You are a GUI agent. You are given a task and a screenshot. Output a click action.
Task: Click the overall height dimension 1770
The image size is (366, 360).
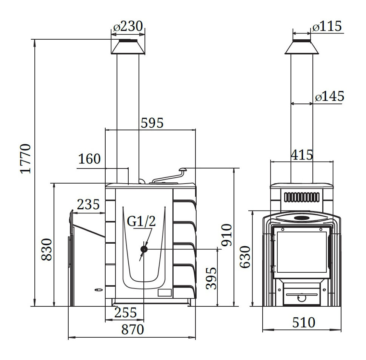tap(26, 159)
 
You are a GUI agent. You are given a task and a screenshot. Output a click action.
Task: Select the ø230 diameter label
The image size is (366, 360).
tap(128, 26)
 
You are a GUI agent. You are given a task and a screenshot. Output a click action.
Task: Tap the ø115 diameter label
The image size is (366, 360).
tap(327, 26)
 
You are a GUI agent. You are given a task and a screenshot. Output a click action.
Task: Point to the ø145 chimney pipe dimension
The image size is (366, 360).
tap(329, 96)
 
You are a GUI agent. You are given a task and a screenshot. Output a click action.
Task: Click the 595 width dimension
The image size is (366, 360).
tap(152, 123)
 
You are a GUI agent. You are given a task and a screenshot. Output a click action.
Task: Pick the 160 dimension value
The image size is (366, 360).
tap(89, 159)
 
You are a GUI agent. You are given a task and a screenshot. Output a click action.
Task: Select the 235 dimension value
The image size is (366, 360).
tap(88, 204)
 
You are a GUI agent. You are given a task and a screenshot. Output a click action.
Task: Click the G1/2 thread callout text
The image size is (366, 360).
tap(141, 221)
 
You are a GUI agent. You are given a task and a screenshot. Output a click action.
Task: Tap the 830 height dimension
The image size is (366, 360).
tap(46, 249)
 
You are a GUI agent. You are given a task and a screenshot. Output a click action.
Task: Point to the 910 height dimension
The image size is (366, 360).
tap(227, 235)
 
